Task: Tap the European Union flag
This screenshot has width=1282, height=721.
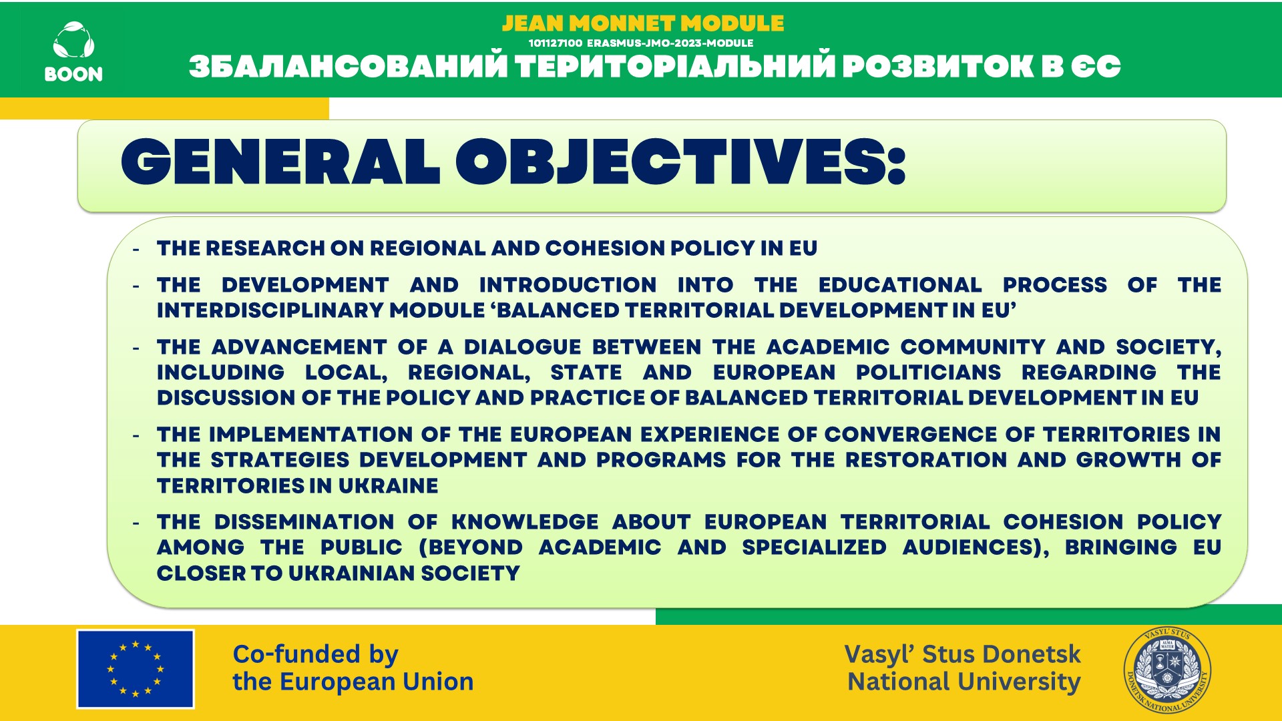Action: point(136,668)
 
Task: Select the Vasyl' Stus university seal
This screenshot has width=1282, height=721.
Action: point(1167,671)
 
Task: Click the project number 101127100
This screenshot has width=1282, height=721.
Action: point(556,43)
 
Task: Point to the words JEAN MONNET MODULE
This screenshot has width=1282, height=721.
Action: point(643,23)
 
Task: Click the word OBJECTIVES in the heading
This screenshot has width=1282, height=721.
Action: point(681,162)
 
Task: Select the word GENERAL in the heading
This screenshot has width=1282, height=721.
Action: point(280,162)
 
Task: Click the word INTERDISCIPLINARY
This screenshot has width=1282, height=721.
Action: point(270,310)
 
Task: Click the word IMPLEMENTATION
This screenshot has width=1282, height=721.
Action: point(311,435)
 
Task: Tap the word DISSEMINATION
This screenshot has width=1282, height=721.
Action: point(304,522)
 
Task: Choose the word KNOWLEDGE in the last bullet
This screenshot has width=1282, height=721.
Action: point(525,522)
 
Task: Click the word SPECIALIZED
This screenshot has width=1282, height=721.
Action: point(814,547)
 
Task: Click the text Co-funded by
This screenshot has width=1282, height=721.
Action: point(315,655)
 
